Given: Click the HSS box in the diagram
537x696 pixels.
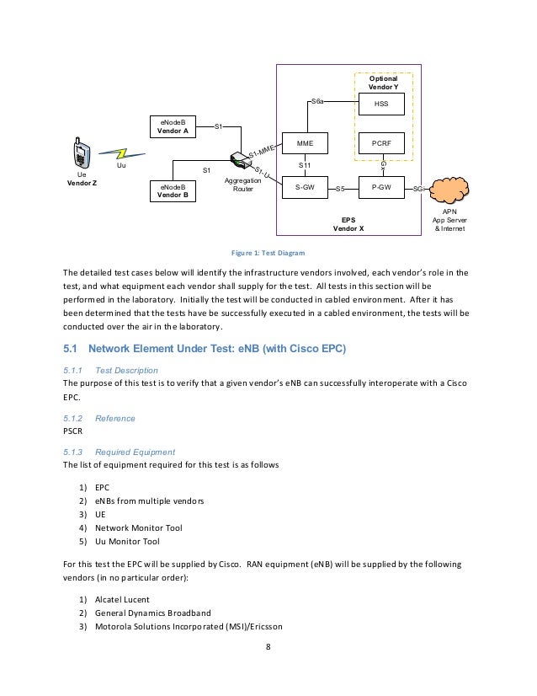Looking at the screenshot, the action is [x=381, y=104].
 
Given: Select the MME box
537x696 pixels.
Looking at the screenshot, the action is [x=305, y=143].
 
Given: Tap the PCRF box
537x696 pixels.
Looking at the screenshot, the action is [x=381, y=143].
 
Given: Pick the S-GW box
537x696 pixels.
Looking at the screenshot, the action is [x=305, y=187].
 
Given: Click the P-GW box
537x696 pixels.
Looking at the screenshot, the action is [x=381, y=187].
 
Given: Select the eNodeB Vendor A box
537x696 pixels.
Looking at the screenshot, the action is [x=173, y=126].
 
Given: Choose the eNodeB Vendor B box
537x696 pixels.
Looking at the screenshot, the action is [x=173, y=191].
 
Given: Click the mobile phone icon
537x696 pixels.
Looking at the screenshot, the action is [x=82, y=153].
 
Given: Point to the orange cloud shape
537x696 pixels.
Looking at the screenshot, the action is [x=449, y=190].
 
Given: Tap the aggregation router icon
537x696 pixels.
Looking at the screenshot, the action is [x=241, y=160].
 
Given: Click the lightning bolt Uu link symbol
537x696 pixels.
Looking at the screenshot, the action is [x=121, y=154].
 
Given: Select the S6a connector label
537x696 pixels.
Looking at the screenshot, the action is [x=317, y=101].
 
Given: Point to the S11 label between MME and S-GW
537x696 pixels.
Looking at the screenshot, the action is [x=305, y=165].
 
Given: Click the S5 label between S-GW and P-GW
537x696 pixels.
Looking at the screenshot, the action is [x=340, y=189].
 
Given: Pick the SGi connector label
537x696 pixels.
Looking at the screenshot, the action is [x=418, y=189].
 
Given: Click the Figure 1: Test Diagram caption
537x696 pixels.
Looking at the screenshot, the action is [x=268, y=253].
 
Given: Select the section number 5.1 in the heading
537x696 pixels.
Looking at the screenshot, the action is [x=70, y=349].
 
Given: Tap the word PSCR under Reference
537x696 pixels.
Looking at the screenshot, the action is [x=72, y=431].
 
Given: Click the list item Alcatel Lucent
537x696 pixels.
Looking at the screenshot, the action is [x=122, y=600].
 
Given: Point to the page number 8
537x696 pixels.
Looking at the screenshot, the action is [x=268, y=647].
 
